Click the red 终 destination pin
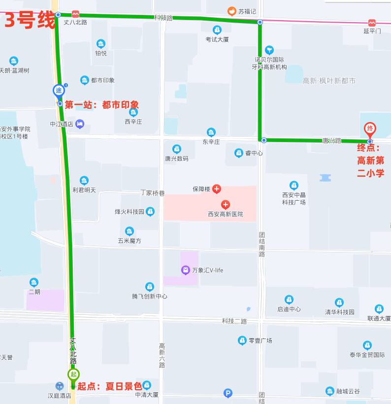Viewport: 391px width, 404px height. pyautogui.click(x=370, y=129)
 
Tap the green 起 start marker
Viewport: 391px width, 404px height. pyautogui.click(x=73, y=374)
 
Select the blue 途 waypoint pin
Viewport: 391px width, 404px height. pyautogui.click(x=59, y=90)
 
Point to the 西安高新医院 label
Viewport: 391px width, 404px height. pyautogui.click(x=225, y=215)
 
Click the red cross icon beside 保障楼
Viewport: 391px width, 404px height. pyautogui.click(x=216, y=189)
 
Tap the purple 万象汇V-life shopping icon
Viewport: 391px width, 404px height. pyautogui.click(x=185, y=270)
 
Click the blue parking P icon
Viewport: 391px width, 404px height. pyautogui.click(x=228, y=393)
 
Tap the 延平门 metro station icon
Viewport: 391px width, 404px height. pyautogui.click(x=372, y=23)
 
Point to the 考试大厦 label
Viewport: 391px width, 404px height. pyautogui.click(x=217, y=39)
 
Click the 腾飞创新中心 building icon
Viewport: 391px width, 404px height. pyautogui.click(x=150, y=287)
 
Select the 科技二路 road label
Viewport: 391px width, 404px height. pyautogui.click(x=234, y=321)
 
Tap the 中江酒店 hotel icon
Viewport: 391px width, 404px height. pyautogui.click(x=80, y=124)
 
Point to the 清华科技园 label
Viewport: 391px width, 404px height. pyautogui.click(x=339, y=312)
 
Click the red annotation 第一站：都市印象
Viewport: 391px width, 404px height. pyautogui.click(x=102, y=105)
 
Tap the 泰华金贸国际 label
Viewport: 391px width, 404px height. pyautogui.click(x=367, y=354)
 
